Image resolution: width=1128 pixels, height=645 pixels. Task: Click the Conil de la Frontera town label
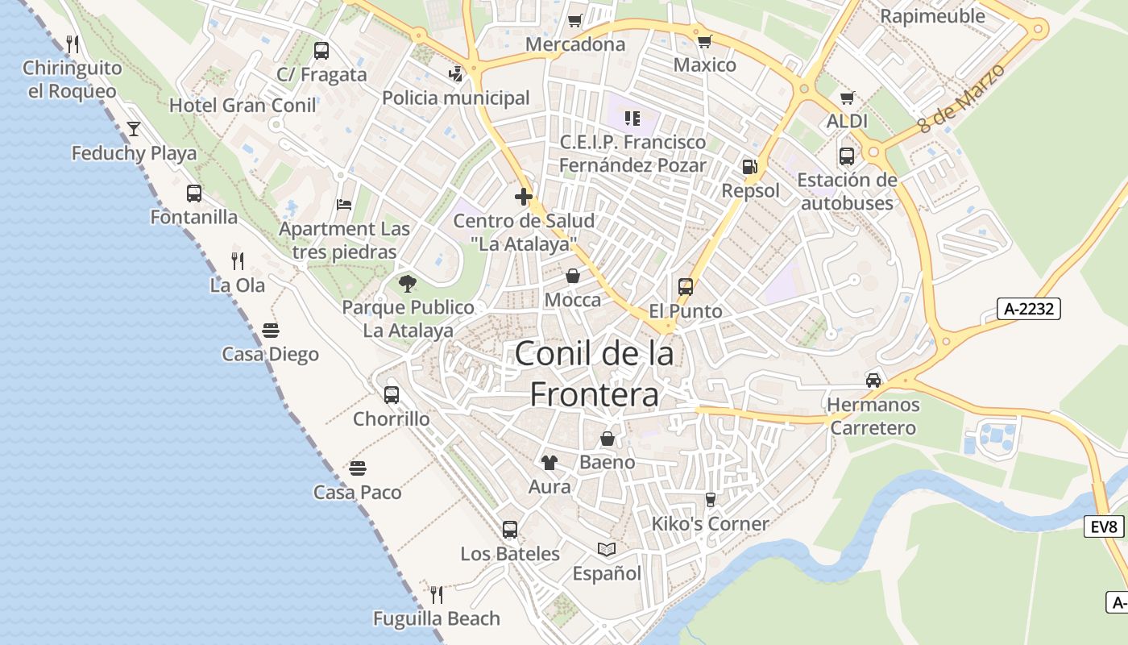tap(594, 373)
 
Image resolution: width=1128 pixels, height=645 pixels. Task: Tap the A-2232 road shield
tap(1029, 309)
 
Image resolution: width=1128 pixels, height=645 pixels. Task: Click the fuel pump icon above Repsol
tap(749, 167)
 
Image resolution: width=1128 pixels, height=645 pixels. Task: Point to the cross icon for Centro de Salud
tap(524, 196)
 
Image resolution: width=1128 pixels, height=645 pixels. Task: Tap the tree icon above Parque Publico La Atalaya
tap(408, 283)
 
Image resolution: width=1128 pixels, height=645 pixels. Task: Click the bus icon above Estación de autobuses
tap(847, 156)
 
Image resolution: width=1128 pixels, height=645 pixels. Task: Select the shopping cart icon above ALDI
tap(847, 98)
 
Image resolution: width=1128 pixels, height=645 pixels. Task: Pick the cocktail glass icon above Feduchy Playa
tap(134, 129)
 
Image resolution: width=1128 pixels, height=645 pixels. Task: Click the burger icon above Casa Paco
tap(358, 468)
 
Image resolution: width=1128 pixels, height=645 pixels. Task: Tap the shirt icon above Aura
tap(549, 462)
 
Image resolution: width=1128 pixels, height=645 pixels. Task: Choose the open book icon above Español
tap(607, 549)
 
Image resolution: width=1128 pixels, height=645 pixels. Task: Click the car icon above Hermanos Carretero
tap(873, 380)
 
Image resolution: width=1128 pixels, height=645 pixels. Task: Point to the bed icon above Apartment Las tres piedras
tap(344, 205)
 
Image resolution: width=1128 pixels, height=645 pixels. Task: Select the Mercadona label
tap(575, 44)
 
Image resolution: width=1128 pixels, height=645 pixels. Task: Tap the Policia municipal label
tap(456, 98)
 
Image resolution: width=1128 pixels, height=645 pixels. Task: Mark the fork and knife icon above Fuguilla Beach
tap(437, 595)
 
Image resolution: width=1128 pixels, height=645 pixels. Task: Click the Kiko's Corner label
tap(710, 524)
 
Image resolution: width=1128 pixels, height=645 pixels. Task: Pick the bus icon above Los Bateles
tap(510, 530)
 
